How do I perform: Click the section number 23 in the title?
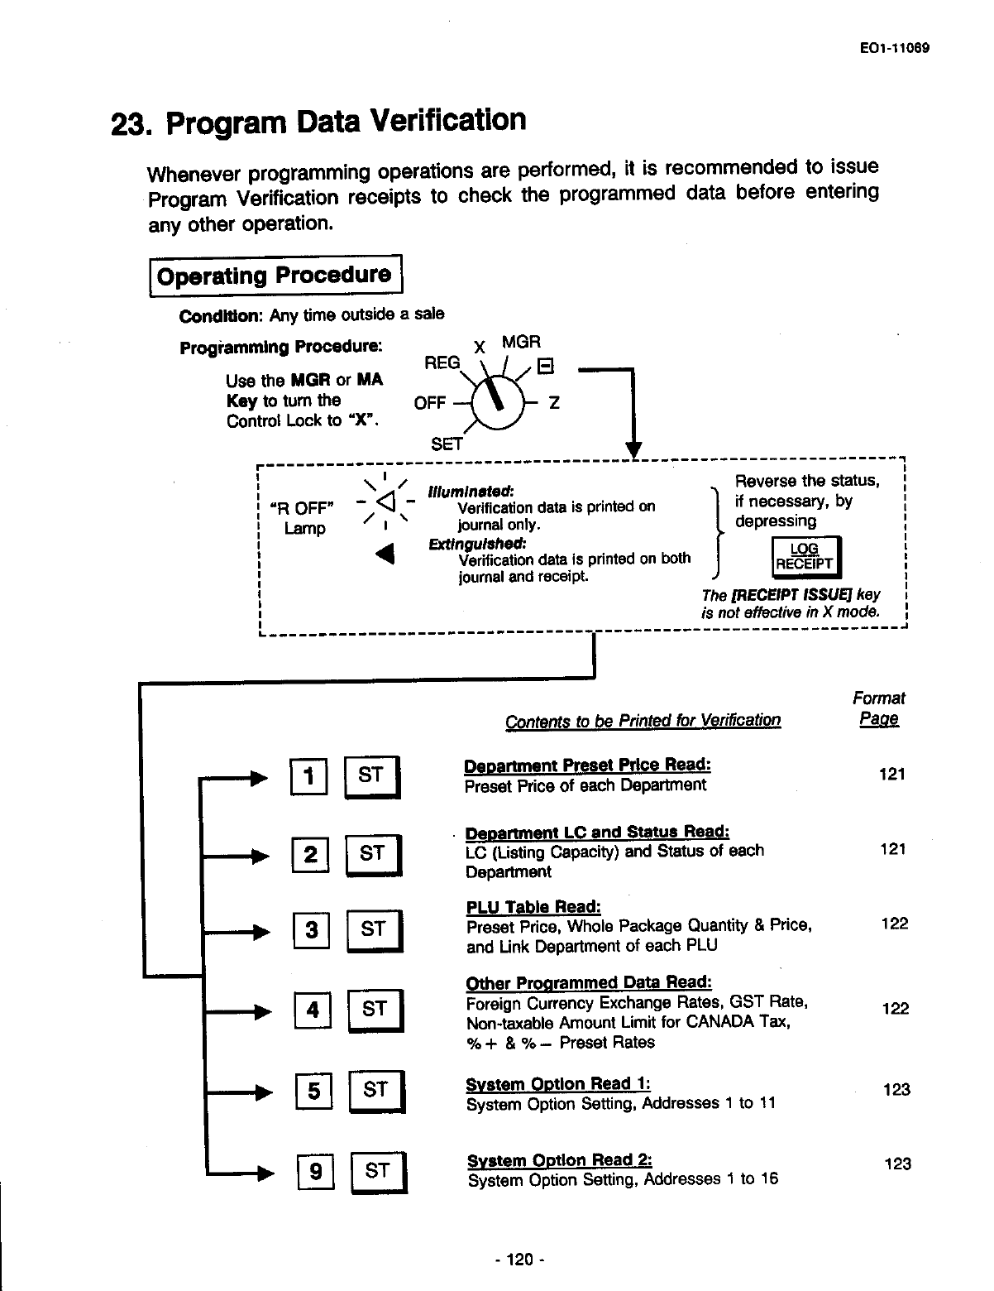(x=131, y=125)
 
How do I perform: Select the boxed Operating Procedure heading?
(x=275, y=276)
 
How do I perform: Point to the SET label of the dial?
(x=447, y=444)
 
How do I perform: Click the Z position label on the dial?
(x=555, y=403)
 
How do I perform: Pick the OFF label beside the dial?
(x=429, y=403)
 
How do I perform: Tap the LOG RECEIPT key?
(x=804, y=557)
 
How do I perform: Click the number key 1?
(x=309, y=776)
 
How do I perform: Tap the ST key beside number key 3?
(x=374, y=930)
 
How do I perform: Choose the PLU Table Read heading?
(x=533, y=906)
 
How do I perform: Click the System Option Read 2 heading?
(x=560, y=1160)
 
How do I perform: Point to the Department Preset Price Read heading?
(x=587, y=765)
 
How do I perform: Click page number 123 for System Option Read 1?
(x=896, y=1089)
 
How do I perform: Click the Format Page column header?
(x=878, y=708)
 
